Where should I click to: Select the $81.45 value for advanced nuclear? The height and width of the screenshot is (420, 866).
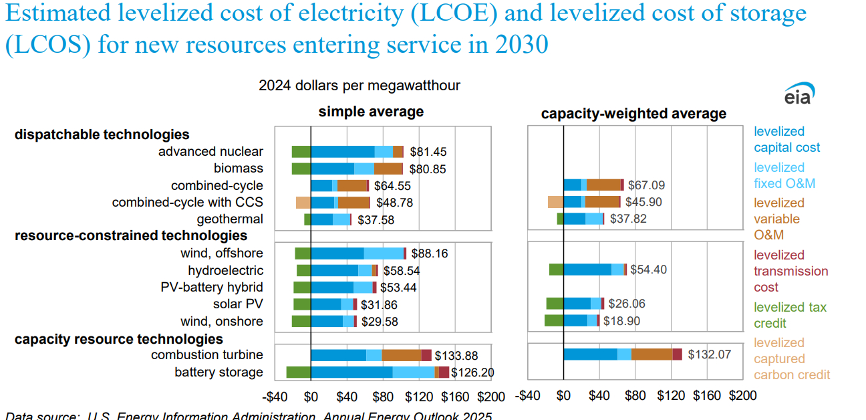point(428,152)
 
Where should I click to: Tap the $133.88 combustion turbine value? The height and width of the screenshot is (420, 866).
point(456,356)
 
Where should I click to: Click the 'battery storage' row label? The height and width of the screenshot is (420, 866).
point(219,372)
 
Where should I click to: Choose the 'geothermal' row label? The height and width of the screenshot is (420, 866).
point(230,219)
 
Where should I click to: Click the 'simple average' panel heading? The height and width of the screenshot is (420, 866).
point(371,112)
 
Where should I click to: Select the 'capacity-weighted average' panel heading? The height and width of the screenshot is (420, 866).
point(633,114)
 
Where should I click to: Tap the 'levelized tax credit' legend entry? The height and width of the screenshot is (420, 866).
point(790,315)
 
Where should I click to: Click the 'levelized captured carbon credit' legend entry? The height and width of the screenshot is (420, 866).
point(792,358)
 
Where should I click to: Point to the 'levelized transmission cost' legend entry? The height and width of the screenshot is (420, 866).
point(790,271)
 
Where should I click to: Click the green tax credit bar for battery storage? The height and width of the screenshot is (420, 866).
point(298,373)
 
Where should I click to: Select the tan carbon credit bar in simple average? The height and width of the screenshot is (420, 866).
point(303,203)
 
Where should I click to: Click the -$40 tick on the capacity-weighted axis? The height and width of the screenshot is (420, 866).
point(528,396)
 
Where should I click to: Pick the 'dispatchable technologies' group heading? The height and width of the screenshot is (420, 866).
point(102,134)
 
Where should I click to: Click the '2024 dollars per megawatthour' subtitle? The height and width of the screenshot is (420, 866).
point(359,86)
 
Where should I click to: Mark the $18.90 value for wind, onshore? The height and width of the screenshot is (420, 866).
point(621,321)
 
